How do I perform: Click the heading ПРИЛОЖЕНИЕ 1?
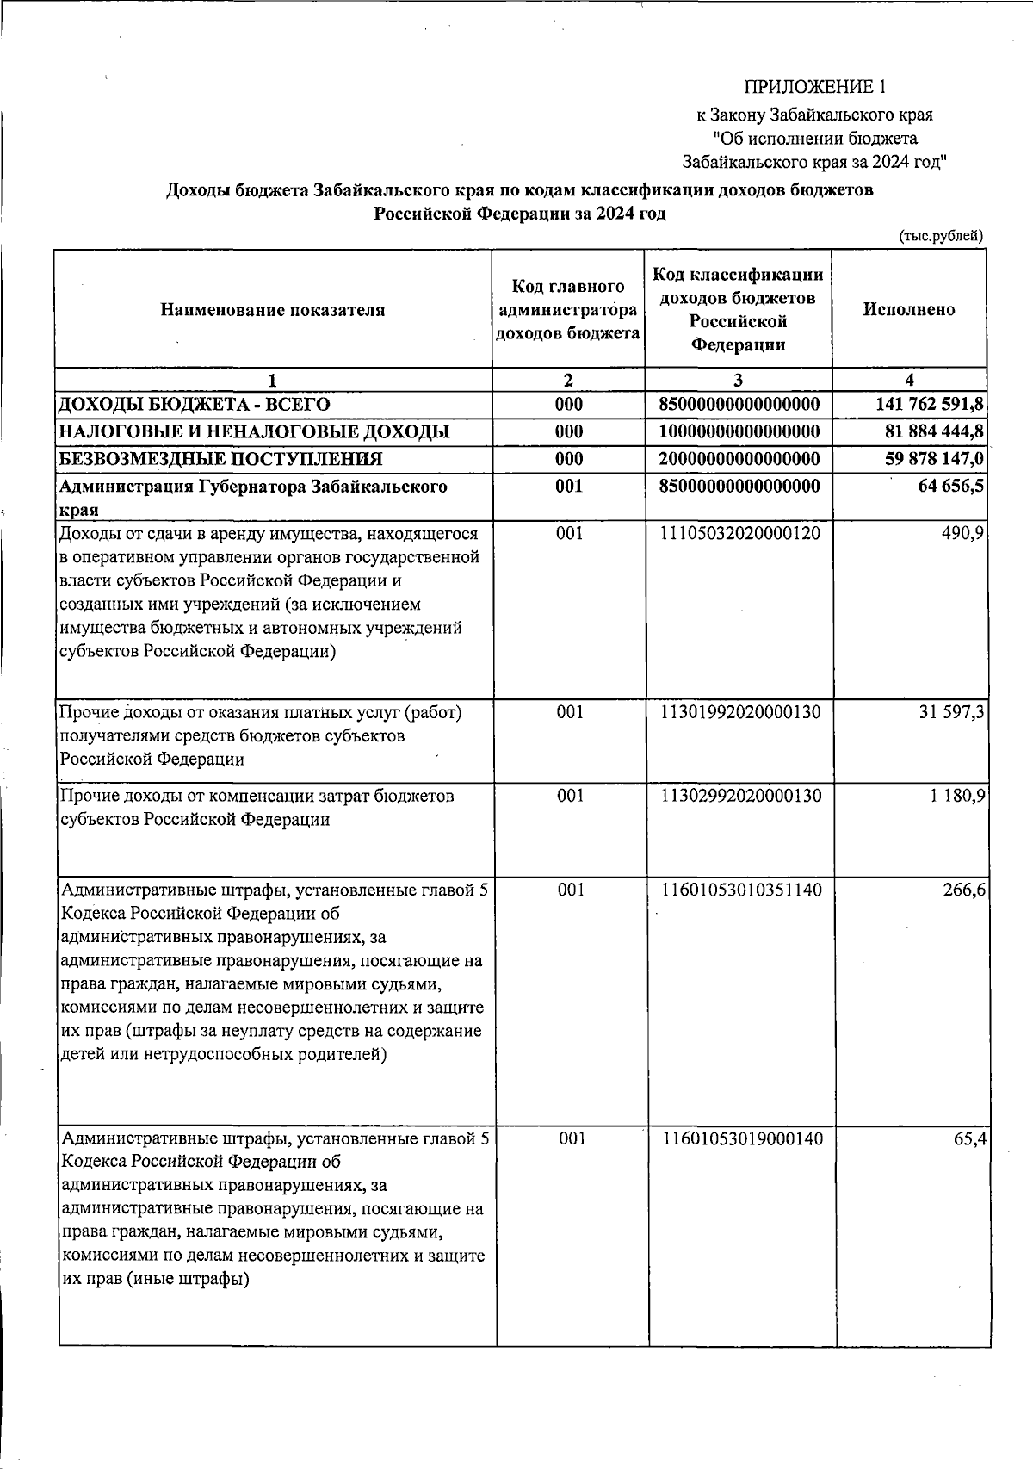pos(813,87)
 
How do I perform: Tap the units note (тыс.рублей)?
pos(940,236)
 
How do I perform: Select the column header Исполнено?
pos(908,310)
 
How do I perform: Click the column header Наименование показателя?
pos(272,310)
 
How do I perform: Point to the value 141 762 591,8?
pos(929,404)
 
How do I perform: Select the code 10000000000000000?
pos(739,431)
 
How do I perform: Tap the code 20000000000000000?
pos(739,459)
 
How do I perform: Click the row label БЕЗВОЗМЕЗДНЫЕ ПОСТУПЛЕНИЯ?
pos(220,459)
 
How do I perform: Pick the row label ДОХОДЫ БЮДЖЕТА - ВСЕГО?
pos(194,404)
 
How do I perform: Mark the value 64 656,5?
pos(950,487)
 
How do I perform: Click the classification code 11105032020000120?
pos(739,534)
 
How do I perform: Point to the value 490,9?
pos(963,534)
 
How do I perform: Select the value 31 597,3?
pos(950,713)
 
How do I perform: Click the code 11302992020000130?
pos(739,797)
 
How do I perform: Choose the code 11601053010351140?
pos(739,890)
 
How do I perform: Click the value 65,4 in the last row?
pos(968,1139)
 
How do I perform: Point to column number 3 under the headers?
pos(738,380)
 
